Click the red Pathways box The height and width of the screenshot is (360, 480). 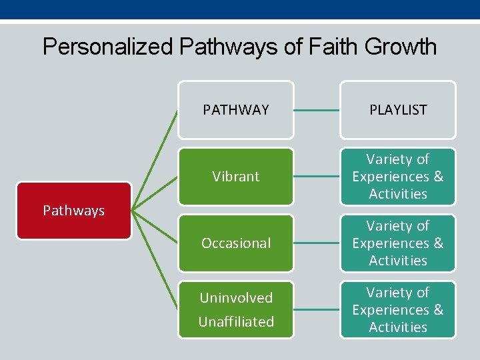pyautogui.click(x=73, y=211)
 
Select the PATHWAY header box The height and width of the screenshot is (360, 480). pyautogui.click(x=235, y=110)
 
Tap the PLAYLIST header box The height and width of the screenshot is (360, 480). pyautogui.click(x=398, y=110)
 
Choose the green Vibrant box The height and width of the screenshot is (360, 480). pyautogui.click(x=235, y=177)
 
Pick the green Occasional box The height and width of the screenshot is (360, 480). pyautogui.click(x=235, y=243)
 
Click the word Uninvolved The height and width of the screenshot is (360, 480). pyautogui.click(x=236, y=297)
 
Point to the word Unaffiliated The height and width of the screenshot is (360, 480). pyautogui.click(x=236, y=321)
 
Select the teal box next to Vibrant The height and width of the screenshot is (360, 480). pyautogui.click(x=398, y=177)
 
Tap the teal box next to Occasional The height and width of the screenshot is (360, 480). pyautogui.click(x=398, y=243)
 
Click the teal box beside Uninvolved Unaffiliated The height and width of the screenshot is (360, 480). pyautogui.click(x=398, y=310)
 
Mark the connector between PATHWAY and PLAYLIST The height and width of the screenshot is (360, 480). pyautogui.click(x=317, y=110)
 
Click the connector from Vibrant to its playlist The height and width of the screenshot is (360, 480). pyautogui.click(x=317, y=177)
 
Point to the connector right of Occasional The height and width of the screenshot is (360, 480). pyautogui.click(x=317, y=243)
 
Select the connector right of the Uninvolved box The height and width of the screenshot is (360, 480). pyautogui.click(x=317, y=310)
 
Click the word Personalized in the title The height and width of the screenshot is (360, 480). pyautogui.click(x=107, y=47)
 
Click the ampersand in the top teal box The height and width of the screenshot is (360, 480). pyautogui.click(x=438, y=177)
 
